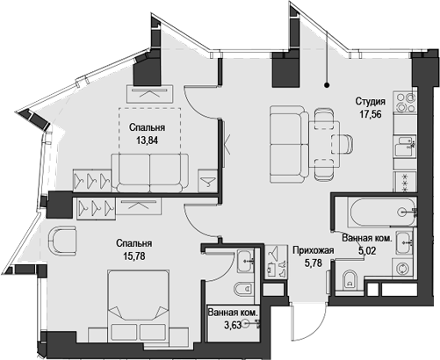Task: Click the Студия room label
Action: coord(370,102)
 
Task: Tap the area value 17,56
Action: coord(371,114)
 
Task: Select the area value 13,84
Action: coord(147,140)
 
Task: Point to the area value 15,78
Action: coord(134,256)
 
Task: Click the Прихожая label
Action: coord(314,250)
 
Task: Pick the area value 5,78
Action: coord(314,263)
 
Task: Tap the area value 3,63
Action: coord(232,325)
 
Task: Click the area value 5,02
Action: coord(367,251)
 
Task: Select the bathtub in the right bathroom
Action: coord(382,212)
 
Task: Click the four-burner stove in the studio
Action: coord(405,103)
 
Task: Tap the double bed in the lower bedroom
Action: coord(139,306)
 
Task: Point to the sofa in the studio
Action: coord(289,144)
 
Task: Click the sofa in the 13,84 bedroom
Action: coord(150,173)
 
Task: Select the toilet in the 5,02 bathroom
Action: coord(350,280)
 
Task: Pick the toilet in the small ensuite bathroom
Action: coord(244,289)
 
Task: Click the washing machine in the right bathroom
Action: coord(404,269)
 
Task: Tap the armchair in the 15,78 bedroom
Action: coord(62,241)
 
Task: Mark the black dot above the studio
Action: coord(327,85)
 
